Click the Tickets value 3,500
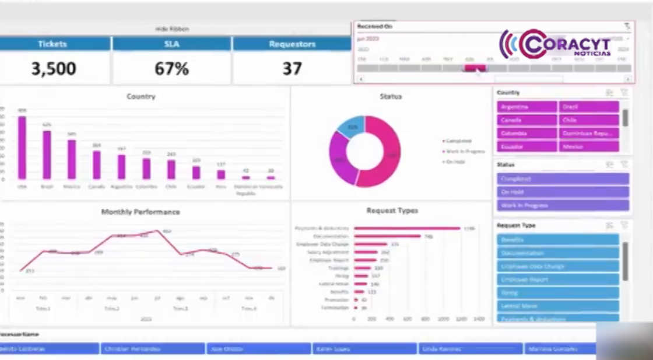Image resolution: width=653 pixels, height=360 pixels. click(x=54, y=68)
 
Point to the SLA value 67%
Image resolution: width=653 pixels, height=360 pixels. click(x=171, y=68)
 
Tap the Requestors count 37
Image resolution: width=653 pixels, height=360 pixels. click(x=292, y=68)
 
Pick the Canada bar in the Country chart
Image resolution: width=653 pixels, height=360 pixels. click(x=97, y=165)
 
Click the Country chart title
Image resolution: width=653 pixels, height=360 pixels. click(x=141, y=96)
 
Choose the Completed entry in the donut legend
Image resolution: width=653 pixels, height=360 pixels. click(x=459, y=141)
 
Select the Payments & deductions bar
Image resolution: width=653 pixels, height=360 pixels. click(x=406, y=228)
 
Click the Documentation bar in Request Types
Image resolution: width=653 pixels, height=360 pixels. click(x=387, y=236)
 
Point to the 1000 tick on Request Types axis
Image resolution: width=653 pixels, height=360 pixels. click(x=443, y=319)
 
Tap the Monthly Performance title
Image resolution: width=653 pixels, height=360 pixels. click(x=141, y=212)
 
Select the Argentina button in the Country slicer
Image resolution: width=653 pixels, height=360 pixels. click(x=526, y=107)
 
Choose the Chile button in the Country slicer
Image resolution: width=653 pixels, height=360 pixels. click(x=589, y=120)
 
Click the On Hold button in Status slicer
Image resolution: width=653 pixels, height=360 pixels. click(x=563, y=192)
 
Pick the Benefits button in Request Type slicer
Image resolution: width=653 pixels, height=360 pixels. click(x=557, y=240)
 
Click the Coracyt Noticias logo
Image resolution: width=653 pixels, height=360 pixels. click(x=555, y=45)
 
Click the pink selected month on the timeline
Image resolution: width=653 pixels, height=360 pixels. click(x=475, y=68)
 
